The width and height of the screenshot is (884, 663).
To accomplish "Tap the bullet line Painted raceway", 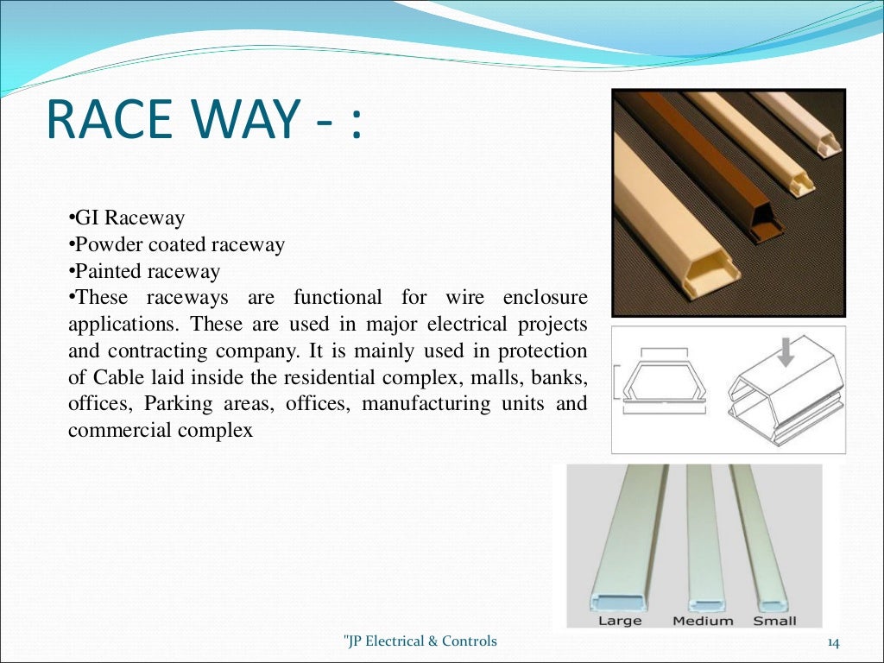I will pyautogui.click(x=146, y=271).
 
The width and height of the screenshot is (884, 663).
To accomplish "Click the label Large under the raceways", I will pyautogui.click(x=619, y=620).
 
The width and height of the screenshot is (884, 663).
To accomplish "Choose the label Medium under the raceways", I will pyautogui.click(x=703, y=620).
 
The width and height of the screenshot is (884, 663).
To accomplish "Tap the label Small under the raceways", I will pyautogui.click(x=774, y=620).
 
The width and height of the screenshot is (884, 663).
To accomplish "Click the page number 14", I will pyautogui.click(x=833, y=641).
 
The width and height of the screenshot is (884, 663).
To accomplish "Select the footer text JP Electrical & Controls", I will pyautogui.click(x=420, y=641).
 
